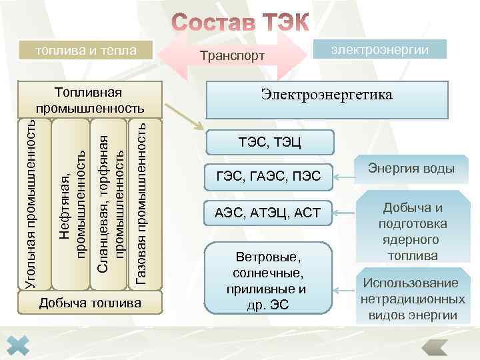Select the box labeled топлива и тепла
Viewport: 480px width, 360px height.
tap(86, 50)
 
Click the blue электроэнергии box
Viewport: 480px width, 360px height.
tap(379, 49)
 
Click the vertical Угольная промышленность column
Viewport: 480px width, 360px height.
tap(31, 204)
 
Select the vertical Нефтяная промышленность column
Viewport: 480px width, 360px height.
tap(70, 204)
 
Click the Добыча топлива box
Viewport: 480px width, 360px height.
tap(90, 304)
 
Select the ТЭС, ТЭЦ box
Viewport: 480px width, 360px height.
tap(269, 142)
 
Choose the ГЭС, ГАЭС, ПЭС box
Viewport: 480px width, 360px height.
tap(269, 177)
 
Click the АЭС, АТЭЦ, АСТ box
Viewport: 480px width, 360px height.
tap(269, 213)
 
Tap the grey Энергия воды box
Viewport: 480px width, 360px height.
tap(411, 169)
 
